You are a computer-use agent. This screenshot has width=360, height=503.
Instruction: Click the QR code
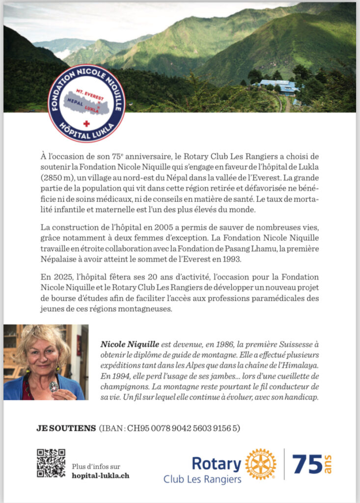pyautogui.click(x=51, y=462)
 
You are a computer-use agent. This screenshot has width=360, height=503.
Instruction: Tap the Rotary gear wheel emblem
pyautogui.click(x=260, y=464)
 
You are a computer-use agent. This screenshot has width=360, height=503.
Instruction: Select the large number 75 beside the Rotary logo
pyautogui.click(x=307, y=464)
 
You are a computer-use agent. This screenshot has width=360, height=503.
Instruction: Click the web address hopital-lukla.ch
pyautogui.click(x=101, y=475)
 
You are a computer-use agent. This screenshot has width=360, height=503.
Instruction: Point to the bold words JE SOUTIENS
pyautogui.click(x=66, y=428)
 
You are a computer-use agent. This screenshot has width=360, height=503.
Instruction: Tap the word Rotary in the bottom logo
pyautogui.click(x=216, y=463)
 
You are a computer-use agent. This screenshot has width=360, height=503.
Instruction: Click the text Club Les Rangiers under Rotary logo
pyautogui.click(x=202, y=479)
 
